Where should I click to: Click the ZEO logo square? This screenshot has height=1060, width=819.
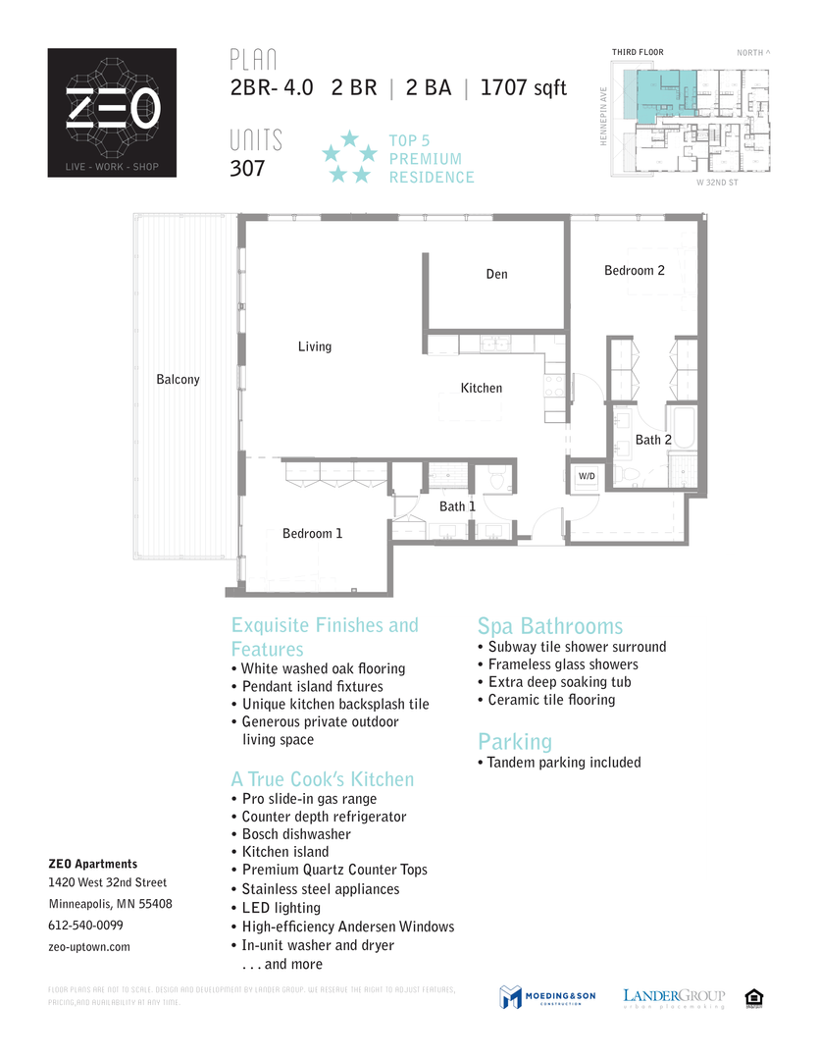point(112,113)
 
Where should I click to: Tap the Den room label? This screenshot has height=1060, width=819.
point(497,274)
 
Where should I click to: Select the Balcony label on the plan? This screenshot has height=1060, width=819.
point(178,380)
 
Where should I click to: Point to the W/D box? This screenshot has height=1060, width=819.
point(587,476)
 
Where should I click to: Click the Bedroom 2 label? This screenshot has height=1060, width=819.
point(635,271)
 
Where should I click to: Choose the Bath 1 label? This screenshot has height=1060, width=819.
point(457,506)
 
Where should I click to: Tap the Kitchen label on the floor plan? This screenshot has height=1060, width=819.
point(482,389)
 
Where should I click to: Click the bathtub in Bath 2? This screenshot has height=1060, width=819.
point(683,433)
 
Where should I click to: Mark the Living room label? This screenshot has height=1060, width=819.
point(315,346)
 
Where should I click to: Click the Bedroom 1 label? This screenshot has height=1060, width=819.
point(312,534)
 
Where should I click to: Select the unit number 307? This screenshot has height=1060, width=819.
point(247,168)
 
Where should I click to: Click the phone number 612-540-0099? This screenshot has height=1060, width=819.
point(85,926)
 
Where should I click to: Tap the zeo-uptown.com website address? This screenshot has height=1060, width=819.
point(89,947)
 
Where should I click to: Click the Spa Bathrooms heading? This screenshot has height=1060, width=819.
point(549,627)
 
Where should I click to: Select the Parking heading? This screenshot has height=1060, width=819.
point(515,741)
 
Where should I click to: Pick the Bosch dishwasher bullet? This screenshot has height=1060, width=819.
point(296,834)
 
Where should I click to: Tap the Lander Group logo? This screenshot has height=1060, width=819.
point(674,998)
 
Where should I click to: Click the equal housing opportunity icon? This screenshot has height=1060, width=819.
point(755,997)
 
